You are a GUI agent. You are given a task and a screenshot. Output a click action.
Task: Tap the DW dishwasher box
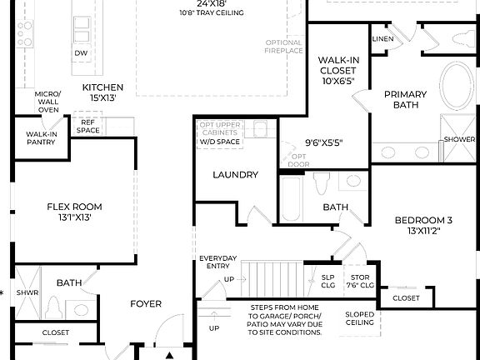coord(81,53)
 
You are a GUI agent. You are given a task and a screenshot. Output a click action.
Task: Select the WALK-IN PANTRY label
coord(41,138)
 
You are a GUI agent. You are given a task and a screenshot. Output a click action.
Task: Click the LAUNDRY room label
coord(235,175)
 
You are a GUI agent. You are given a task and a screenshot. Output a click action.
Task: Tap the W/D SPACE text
coord(219,142)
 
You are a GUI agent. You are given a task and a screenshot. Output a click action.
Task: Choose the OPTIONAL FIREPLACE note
coord(283,47)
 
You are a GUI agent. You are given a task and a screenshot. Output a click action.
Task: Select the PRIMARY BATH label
coord(405,100)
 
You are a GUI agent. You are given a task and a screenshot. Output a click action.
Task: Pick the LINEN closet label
coord(382,38)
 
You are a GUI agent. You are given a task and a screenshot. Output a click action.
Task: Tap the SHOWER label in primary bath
coord(459,139)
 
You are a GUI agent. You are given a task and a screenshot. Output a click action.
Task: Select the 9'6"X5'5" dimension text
coord(324,142)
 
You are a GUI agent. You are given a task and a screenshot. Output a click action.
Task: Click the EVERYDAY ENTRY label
coord(218,262)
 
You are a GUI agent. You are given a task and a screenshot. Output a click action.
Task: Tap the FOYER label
coord(145,303)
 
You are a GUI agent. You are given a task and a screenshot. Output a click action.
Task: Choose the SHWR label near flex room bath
coord(28,292)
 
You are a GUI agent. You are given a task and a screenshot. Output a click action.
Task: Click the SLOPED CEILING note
coord(360,319)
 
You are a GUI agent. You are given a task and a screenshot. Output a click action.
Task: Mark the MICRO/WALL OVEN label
coord(47,102)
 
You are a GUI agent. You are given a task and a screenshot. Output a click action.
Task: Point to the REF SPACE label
coord(88,126)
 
